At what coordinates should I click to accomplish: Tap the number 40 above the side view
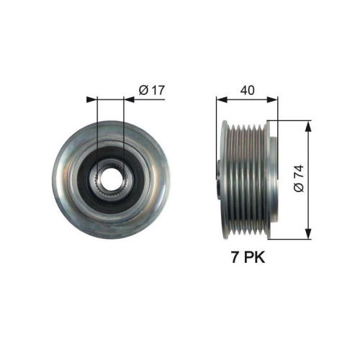[x=247, y=90]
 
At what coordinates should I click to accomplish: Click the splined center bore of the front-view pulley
[x=110, y=177]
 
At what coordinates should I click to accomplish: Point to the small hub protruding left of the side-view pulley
[x=220, y=177]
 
